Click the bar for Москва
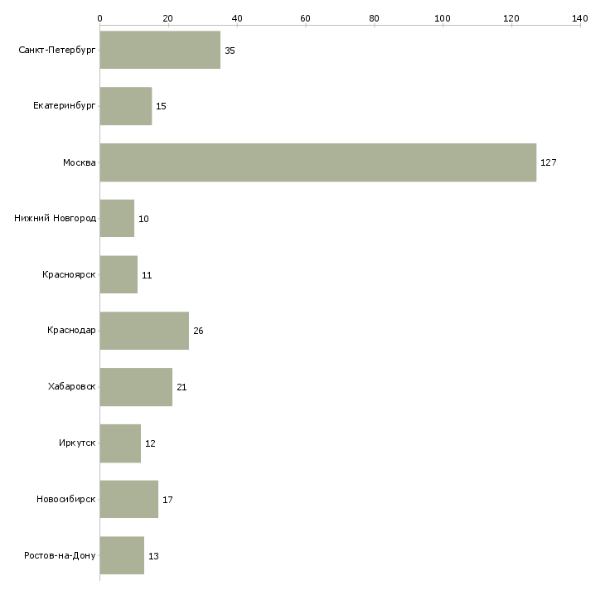317,162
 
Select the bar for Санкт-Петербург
160,51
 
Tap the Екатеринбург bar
125,106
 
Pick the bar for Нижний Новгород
117,219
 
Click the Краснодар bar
144,331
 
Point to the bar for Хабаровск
136,387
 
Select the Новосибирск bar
128,500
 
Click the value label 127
548,162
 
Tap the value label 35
230,51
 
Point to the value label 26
198,331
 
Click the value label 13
153,556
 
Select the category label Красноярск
69,275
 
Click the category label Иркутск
77,443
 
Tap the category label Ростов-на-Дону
60,556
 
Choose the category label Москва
80,162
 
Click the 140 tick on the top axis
579,17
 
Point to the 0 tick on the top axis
99,17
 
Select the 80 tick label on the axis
374,17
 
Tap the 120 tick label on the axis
511,17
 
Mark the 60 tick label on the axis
305,17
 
